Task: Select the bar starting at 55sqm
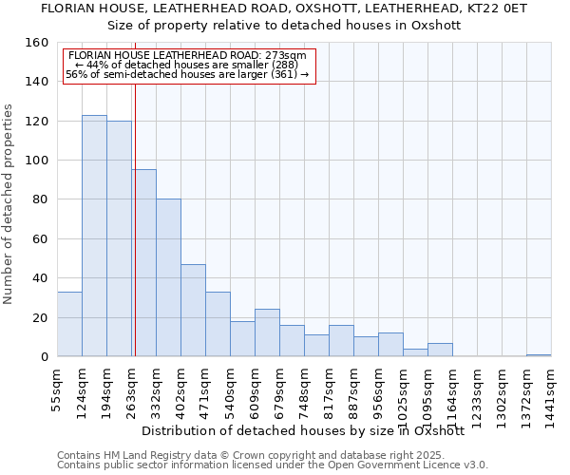[x=69, y=324]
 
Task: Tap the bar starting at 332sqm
[x=168, y=277]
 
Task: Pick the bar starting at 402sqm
[x=193, y=310]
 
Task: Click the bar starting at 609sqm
[x=267, y=332]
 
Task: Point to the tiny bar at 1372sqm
[x=539, y=355]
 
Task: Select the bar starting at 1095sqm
[x=440, y=350]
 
